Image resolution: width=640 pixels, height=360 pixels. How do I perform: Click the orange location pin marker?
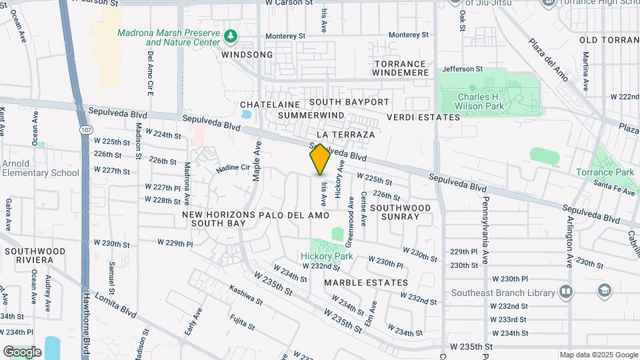click(320, 160)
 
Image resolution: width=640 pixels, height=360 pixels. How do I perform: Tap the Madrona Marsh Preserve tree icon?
click(231, 35)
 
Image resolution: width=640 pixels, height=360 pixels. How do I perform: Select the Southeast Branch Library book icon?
click(566, 292)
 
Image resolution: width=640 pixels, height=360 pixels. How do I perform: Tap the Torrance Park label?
click(605, 172)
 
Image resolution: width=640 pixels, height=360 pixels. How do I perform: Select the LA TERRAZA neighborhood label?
click(346, 134)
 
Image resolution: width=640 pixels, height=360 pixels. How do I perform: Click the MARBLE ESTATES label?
click(366, 283)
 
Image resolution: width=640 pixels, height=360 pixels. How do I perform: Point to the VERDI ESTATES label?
click(423, 117)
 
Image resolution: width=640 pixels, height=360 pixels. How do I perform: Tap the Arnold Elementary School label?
click(40, 168)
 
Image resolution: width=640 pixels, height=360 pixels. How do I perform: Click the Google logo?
click(22, 351)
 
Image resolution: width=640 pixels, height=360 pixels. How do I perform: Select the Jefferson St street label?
click(462, 69)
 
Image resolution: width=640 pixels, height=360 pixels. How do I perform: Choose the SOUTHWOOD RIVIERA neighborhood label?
click(35, 255)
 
